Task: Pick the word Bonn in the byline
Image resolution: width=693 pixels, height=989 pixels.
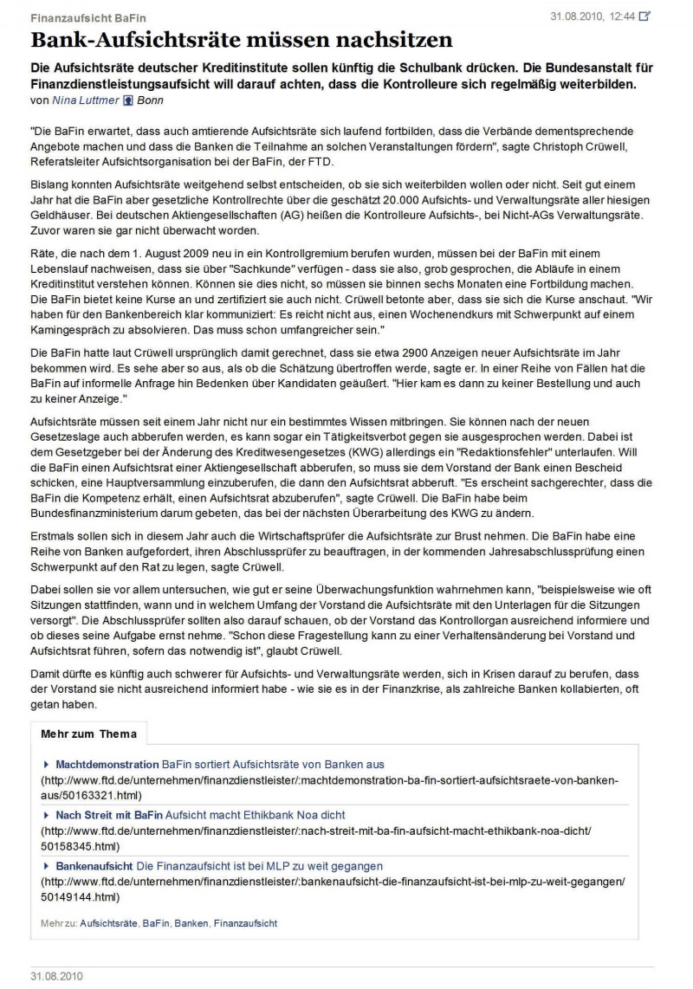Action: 151,100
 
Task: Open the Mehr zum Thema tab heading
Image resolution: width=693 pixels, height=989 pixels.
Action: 89,734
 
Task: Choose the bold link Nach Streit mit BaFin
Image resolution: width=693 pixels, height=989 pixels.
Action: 109,815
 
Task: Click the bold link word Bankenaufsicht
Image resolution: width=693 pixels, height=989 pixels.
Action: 95,866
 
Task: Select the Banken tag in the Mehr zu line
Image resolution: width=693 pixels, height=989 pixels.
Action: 191,924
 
